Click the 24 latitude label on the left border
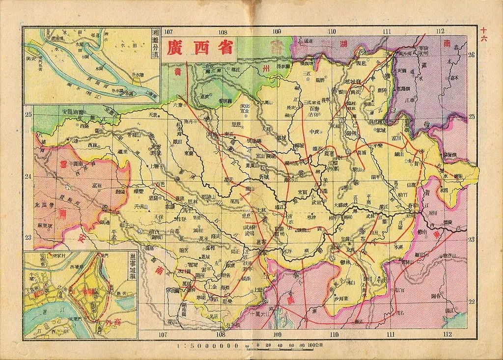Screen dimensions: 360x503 28,177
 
